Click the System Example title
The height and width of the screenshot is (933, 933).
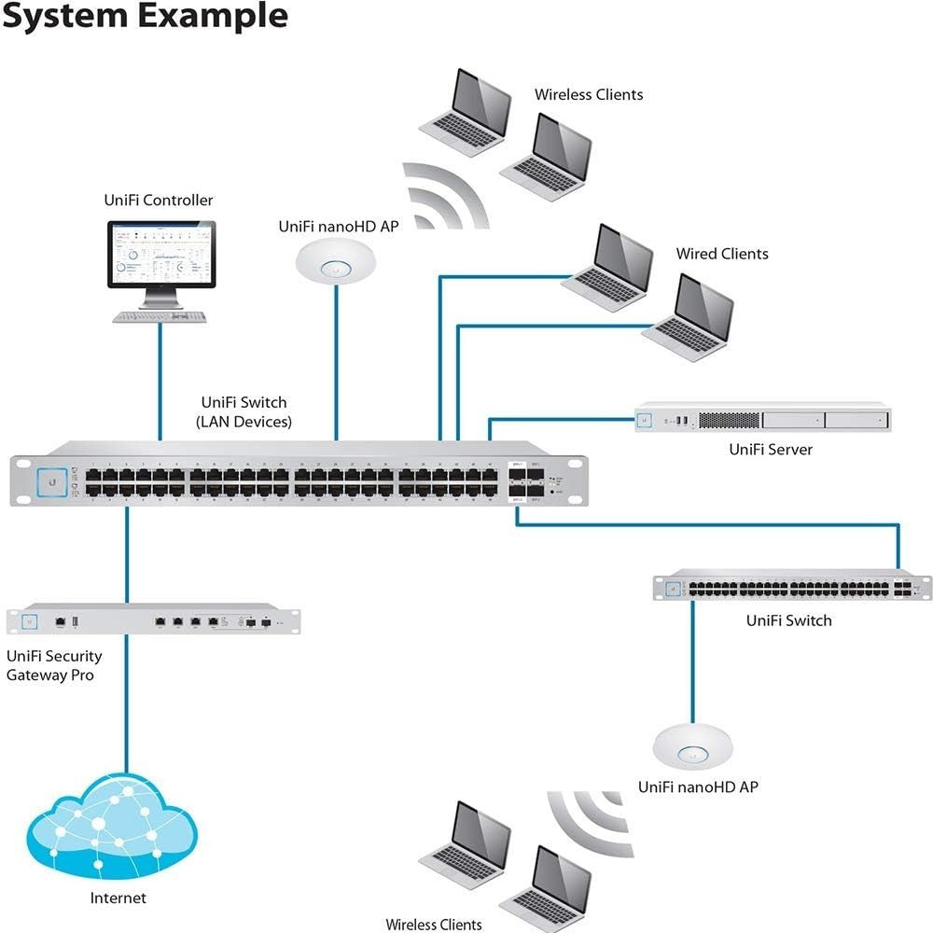pos(144,16)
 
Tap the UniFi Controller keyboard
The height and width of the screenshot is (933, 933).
pos(160,317)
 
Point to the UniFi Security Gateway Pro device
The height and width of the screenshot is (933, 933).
pos(154,620)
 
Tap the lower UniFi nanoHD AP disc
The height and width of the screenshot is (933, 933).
pos(692,745)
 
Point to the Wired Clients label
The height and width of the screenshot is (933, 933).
pos(722,254)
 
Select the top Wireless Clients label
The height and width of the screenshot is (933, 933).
pos(588,94)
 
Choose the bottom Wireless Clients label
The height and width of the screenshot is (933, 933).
pos(434,924)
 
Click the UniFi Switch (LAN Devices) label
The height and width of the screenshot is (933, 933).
pos(244,412)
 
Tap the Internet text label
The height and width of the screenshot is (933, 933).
pos(118,898)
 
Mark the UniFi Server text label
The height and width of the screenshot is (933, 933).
pos(770,450)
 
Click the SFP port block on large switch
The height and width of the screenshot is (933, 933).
pos(526,481)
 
